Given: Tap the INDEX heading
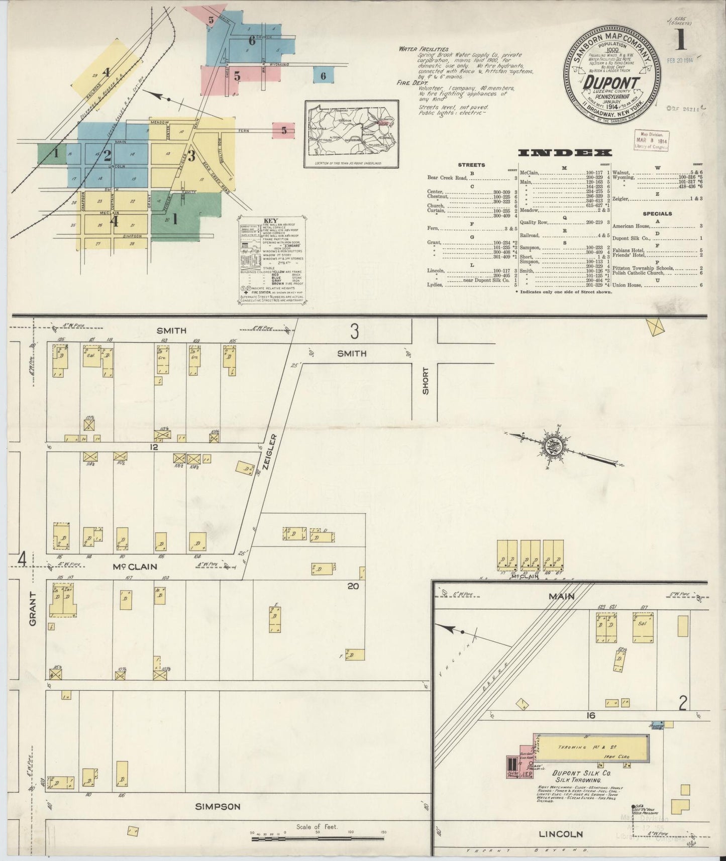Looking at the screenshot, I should [565, 153].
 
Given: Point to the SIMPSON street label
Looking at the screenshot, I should [219, 807].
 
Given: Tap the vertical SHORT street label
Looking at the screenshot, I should [426, 380].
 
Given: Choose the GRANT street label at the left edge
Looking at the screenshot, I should [33, 608].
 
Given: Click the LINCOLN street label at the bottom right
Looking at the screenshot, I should [560, 834].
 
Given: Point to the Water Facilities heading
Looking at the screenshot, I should [423, 49].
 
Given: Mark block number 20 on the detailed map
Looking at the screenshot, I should [353, 585].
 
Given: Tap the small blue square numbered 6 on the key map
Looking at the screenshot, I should [323, 76].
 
